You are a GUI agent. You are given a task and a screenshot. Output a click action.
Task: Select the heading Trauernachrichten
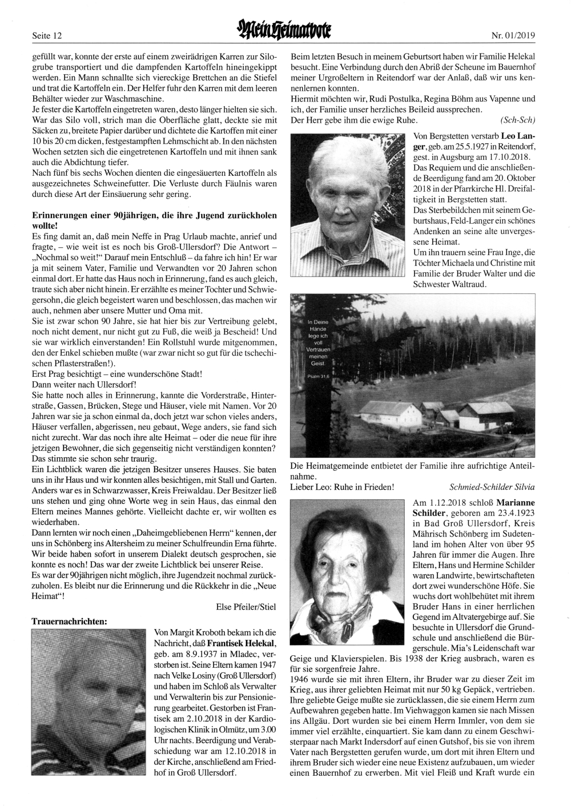point(69,620)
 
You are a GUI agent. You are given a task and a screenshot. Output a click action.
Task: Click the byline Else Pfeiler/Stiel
point(246,607)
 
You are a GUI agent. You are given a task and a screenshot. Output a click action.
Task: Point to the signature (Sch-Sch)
point(517,120)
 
